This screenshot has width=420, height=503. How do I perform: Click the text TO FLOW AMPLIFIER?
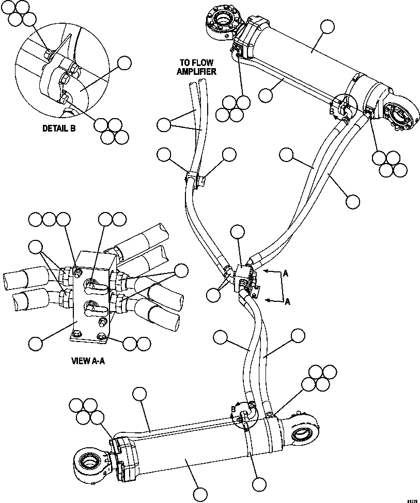coord(197,67)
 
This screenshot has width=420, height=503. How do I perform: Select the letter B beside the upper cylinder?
coord(331,110)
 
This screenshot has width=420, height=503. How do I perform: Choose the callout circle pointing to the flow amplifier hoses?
coord(164,124)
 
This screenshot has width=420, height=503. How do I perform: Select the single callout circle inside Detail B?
coord(125,63)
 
